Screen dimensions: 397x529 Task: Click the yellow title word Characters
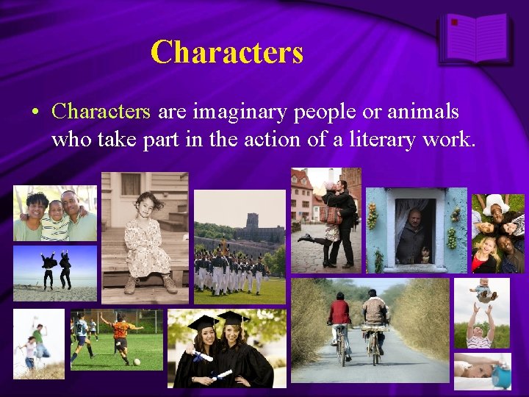coord(226,51)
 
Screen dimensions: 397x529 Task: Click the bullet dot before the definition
coord(35,112)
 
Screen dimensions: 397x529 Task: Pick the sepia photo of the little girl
coord(145,233)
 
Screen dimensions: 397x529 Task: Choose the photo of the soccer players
coord(117,340)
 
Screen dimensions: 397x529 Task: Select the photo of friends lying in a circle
coord(497,233)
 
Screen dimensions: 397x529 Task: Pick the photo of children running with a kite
coord(39,343)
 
